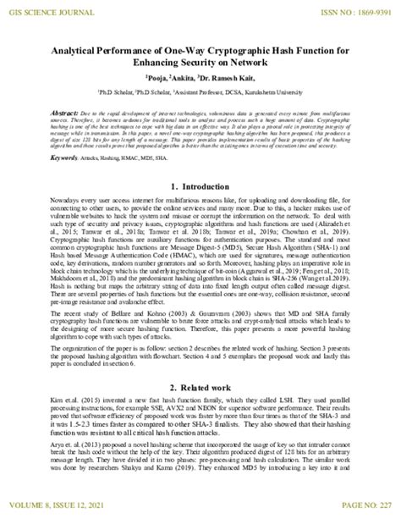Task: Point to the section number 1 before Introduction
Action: click(173, 186)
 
